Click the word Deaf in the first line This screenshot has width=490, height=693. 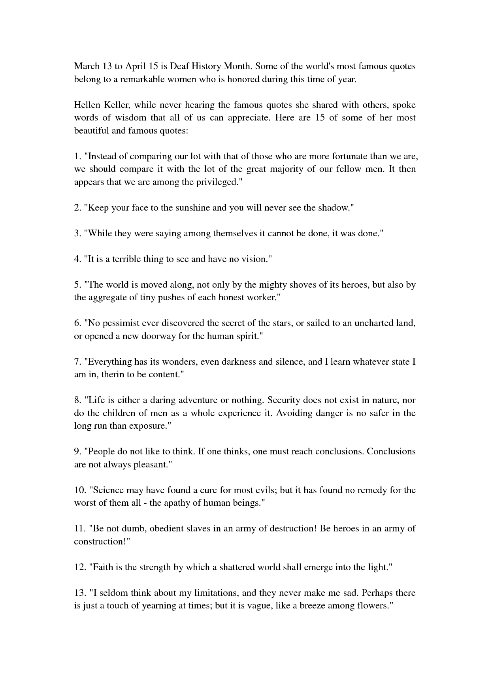[181, 66]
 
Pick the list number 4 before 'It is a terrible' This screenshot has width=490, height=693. [77, 259]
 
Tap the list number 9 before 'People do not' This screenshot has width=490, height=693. [77, 452]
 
